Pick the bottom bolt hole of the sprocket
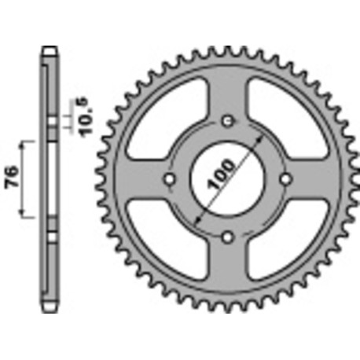click(227, 237)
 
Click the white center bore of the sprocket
click(227, 180)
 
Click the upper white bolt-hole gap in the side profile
click(50, 123)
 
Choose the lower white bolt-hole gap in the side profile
click(50, 236)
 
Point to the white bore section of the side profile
click(50, 180)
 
